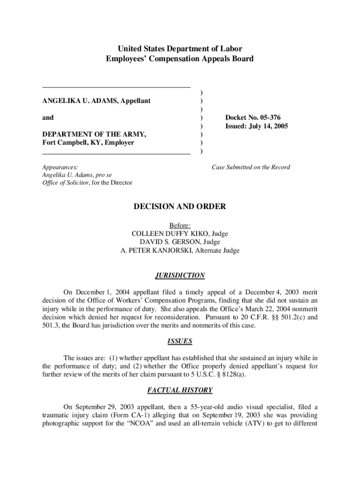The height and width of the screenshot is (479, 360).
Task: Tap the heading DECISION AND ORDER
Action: pos(180,206)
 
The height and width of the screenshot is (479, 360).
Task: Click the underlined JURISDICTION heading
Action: pos(180,276)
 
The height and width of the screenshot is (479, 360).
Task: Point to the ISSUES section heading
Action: pos(180,341)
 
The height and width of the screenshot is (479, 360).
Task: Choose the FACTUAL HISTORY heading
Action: pos(180,390)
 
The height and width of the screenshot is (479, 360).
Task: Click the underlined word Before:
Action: pos(180,225)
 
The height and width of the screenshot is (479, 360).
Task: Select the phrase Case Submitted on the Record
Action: pos(251,167)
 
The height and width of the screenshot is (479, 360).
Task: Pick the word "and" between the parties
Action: pos(48,118)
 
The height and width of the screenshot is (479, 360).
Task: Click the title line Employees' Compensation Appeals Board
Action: pos(180,59)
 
